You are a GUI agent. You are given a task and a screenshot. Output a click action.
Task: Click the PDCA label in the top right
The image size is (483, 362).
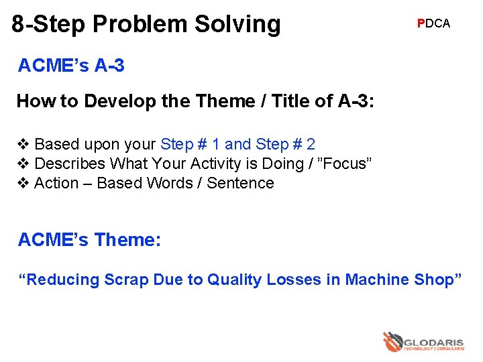[x=433, y=23]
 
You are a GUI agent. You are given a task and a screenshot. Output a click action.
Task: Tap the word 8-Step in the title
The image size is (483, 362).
[x=48, y=24]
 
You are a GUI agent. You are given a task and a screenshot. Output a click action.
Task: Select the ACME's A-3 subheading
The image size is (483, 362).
[x=71, y=66]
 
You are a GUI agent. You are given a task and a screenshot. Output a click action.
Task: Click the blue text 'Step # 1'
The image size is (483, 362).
[x=191, y=144]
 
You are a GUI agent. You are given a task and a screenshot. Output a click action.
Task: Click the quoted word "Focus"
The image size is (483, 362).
[x=344, y=164]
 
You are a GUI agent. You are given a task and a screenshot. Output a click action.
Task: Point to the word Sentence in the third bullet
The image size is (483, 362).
[x=240, y=183]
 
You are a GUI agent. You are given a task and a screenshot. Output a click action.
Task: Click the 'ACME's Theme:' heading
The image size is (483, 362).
[x=89, y=239]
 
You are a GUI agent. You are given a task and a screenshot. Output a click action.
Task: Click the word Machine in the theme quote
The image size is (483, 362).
[x=376, y=280]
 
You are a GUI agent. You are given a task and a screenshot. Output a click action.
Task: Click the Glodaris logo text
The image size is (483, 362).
[x=434, y=342]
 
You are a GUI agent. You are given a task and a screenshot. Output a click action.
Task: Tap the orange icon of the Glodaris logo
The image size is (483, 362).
[x=392, y=342]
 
